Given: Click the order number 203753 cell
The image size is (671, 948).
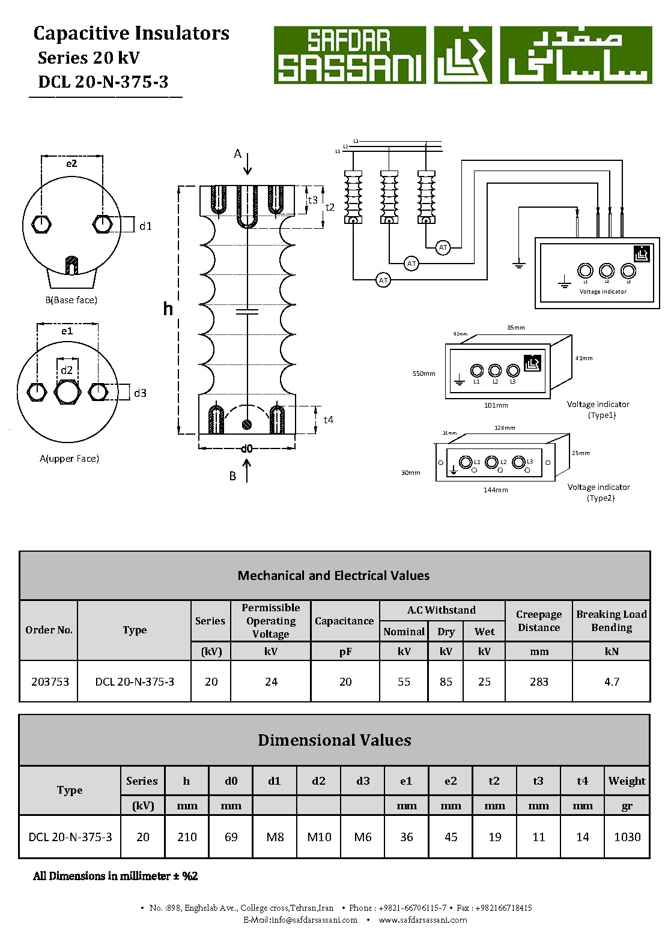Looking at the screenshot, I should pos(50,681).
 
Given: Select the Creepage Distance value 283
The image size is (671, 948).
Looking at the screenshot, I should pos(539,681).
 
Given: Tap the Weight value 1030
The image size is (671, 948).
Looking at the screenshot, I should pos(627,837).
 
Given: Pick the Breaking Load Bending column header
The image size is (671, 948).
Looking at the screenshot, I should pos(611,621).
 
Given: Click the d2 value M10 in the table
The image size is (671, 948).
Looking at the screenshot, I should pos(319,837).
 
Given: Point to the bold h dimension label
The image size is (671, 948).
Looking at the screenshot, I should pos(168,309).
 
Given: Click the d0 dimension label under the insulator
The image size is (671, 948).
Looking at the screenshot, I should pos(246,448).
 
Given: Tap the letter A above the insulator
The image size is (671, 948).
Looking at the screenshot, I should pos(237,154).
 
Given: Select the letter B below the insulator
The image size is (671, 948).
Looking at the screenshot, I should pos(232,476).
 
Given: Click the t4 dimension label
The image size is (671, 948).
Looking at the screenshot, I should pos(328,420).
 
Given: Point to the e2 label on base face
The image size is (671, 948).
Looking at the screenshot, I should pos(71,163).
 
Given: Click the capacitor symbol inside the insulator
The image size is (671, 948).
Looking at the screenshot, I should pos(247,312).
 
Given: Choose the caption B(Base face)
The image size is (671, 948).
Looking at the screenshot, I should pos(71,300).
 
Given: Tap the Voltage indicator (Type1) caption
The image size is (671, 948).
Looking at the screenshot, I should pos(598,409).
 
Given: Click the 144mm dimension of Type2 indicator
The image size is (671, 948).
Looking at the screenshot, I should pos(496,490).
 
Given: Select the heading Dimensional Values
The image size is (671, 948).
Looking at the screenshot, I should pos(335,740).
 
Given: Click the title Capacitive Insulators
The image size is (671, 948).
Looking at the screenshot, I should pos(131,33).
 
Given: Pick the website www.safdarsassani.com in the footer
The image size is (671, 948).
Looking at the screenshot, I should pos(423,920).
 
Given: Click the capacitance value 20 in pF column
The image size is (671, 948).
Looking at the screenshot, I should pos(345,681).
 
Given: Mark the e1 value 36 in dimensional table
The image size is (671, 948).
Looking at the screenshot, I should pos(407,837).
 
